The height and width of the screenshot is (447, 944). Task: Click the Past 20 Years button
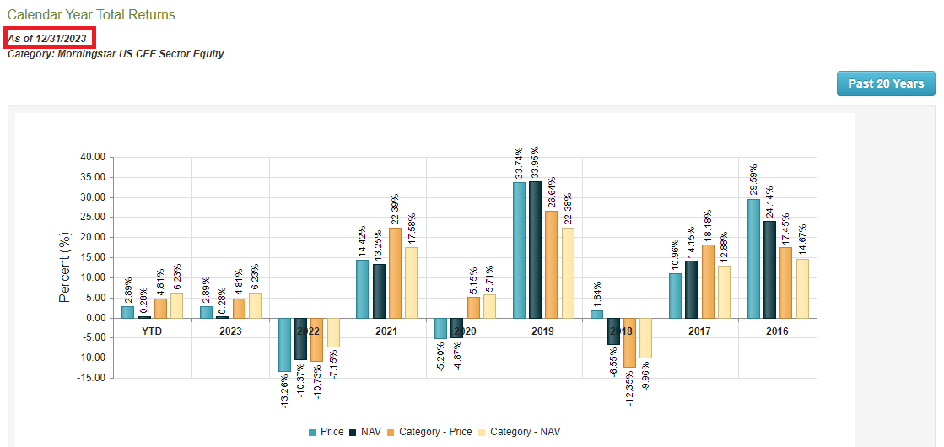(x=886, y=83)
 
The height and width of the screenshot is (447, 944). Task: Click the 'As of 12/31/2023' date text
(x=47, y=38)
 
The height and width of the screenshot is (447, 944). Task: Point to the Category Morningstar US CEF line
(x=116, y=54)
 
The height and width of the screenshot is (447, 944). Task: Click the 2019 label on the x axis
(x=542, y=331)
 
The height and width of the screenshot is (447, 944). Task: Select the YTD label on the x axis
(x=152, y=331)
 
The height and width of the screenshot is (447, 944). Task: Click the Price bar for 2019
(x=519, y=250)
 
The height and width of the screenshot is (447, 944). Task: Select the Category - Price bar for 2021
(x=395, y=273)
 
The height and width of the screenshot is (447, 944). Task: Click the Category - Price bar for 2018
(x=628, y=342)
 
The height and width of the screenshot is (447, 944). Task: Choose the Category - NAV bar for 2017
(x=724, y=292)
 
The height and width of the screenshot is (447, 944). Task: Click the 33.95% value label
(x=535, y=162)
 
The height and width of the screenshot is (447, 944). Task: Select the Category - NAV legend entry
(x=518, y=432)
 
